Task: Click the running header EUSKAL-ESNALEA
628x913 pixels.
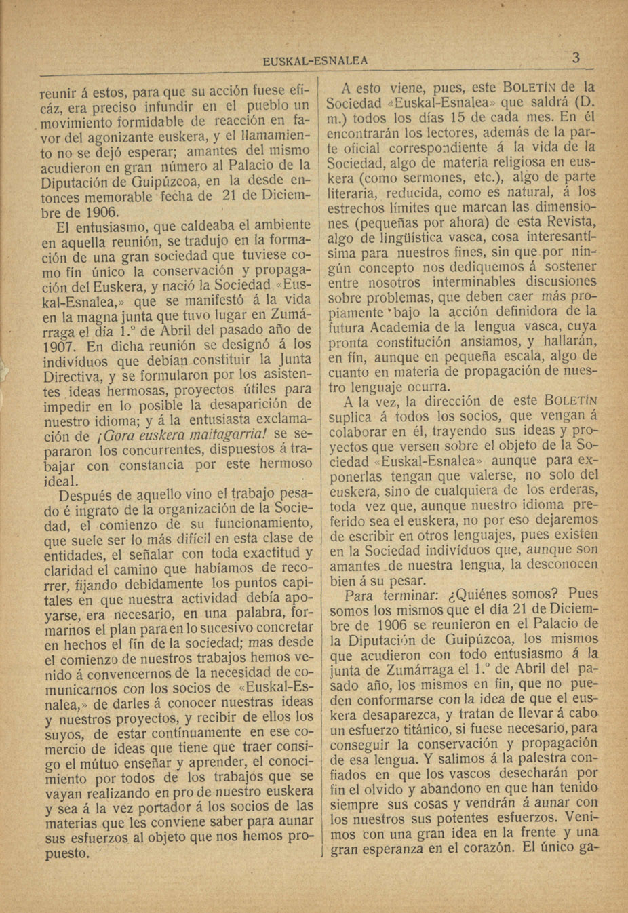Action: (x=315, y=60)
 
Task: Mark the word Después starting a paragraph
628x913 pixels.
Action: (x=87, y=494)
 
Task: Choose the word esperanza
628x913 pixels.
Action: (x=393, y=848)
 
